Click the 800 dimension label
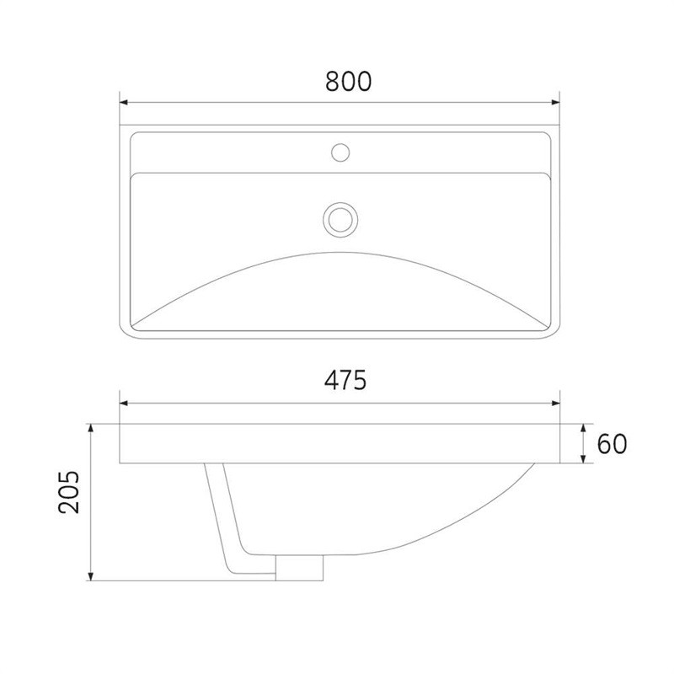coord(348,81)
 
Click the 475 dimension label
coord(345,380)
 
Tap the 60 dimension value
coord(612,444)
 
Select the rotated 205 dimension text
coord(69,492)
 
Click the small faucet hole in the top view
coord(340,152)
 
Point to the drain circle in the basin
coord(340,219)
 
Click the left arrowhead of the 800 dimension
coord(124,102)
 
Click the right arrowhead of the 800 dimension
coord(555,102)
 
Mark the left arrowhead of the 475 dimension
coord(124,403)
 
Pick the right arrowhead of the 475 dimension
coord(555,403)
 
